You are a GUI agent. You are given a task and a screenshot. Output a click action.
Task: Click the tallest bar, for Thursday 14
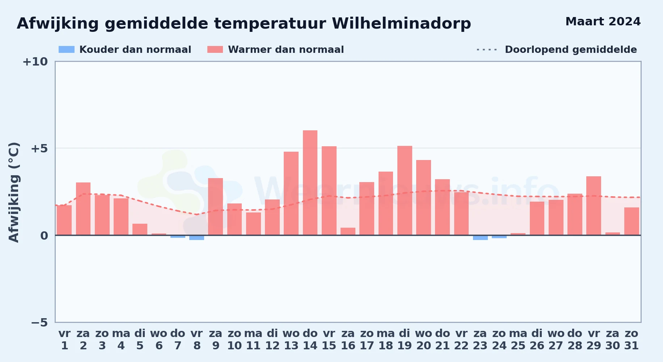[x=310, y=183]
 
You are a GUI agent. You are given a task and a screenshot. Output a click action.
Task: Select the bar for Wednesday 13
[x=291, y=193]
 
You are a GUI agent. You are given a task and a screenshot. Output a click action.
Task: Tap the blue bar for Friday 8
[x=197, y=237]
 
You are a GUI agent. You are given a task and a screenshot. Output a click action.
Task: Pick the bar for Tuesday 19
[x=405, y=190]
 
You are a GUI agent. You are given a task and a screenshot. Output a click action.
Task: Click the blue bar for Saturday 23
[x=480, y=237]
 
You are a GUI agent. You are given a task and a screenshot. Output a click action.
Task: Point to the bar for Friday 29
[x=594, y=206]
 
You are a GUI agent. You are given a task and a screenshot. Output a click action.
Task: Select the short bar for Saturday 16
[x=348, y=231]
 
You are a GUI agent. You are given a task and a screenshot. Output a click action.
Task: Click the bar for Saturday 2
[x=83, y=209]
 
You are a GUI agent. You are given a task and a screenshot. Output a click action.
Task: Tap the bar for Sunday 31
[x=632, y=221]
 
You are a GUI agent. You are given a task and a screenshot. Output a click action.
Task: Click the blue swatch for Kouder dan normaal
[x=67, y=50]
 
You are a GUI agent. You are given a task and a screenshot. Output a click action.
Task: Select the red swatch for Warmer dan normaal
[x=215, y=50]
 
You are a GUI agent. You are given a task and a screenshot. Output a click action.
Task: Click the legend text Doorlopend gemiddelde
[x=571, y=50]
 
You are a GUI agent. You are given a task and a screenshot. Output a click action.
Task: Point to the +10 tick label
[x=35, y=62]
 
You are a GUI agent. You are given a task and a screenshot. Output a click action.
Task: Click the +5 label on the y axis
[x=39, y=148]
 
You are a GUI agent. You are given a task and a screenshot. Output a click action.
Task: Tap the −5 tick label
[x=39, y=323]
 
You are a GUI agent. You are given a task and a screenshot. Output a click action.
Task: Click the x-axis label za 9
[x=216, y=340]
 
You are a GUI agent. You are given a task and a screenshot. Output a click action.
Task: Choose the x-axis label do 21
[x=442, y=340]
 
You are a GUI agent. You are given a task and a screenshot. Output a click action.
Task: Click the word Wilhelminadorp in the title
[x=401, y=24]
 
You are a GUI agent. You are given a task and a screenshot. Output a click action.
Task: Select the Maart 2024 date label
[x=603, y=22]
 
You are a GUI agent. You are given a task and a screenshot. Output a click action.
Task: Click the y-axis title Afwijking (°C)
[x=14, y=192]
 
